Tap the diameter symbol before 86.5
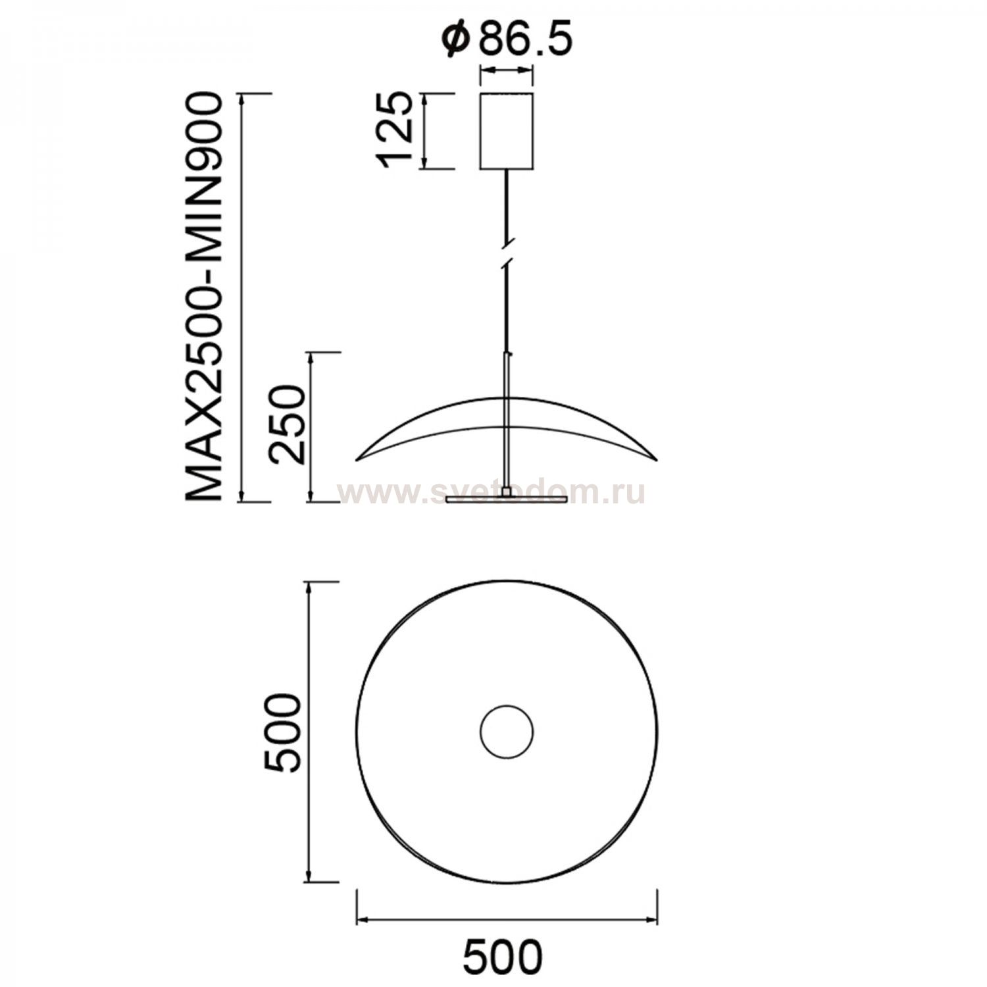coord(455,41)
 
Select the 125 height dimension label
coord(395,131)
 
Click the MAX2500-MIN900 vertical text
coord(203,297)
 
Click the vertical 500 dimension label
coord(282,731)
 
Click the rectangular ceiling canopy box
coord(506,131)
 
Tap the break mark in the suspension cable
coord(506,253)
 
